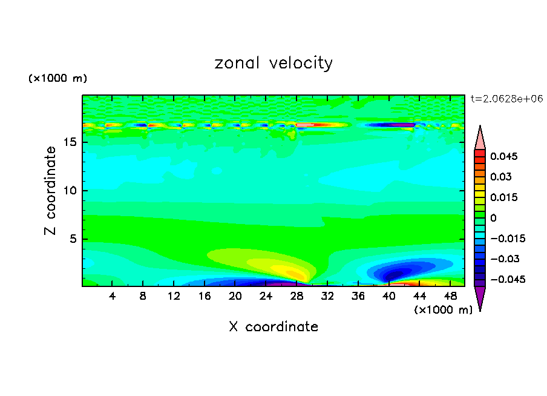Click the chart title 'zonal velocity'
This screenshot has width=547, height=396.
[273, 63]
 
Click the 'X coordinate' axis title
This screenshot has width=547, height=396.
[273, 327]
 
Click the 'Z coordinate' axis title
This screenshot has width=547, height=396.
[51, 191]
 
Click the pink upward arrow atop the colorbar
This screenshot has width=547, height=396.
[480, 138]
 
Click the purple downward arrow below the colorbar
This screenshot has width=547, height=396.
[480, 297]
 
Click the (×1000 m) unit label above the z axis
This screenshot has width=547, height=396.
[57, 79]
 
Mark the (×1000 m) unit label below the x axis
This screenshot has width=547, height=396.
[443, 310]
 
